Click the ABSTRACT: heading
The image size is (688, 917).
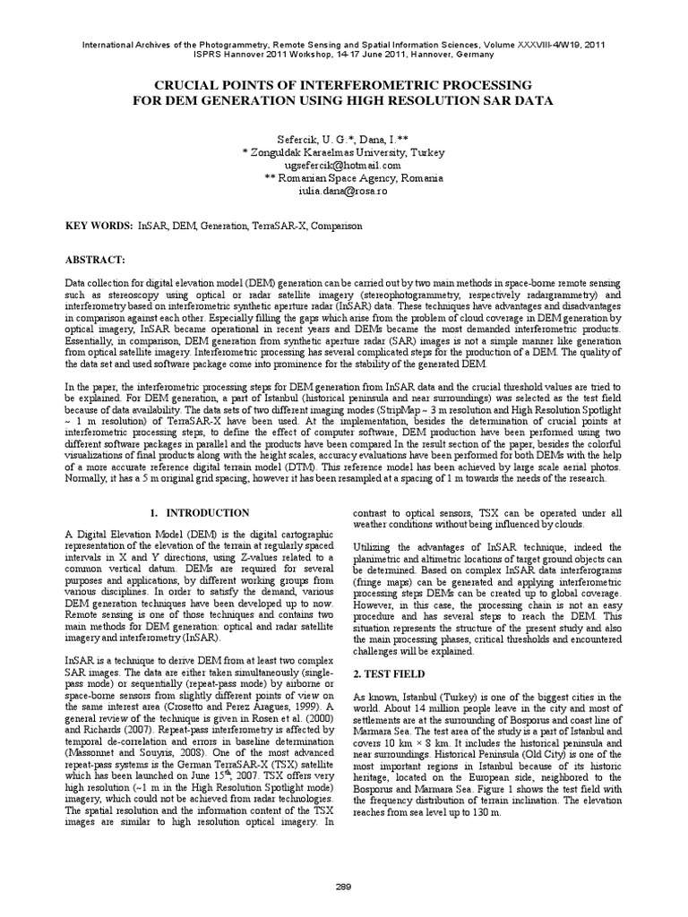(x=93, y=259)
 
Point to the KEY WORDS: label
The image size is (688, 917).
(x=98, y=227)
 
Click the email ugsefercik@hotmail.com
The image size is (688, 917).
(x=343, y=166)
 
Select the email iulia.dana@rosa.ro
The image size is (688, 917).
(x=343, y=191)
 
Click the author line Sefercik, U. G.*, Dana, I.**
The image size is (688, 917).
(x=343, y=140)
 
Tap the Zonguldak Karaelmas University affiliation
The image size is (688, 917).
(x=343, y=153)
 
